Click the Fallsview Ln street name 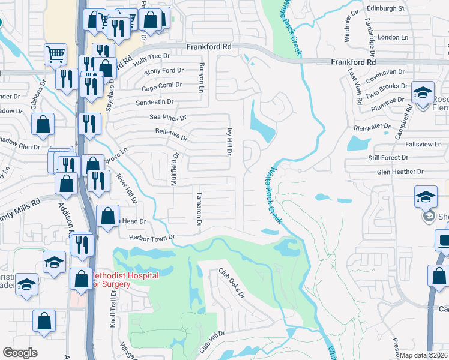pyautogui.click(x=422, y=145)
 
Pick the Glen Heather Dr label pyautogui.click(x=400, y=172)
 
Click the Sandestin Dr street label pyautogui.click(x=154, y=102)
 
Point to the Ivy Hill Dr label pyautogui.click(x=229, y=140)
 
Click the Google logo pyautogui.click(x=20, y=353)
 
